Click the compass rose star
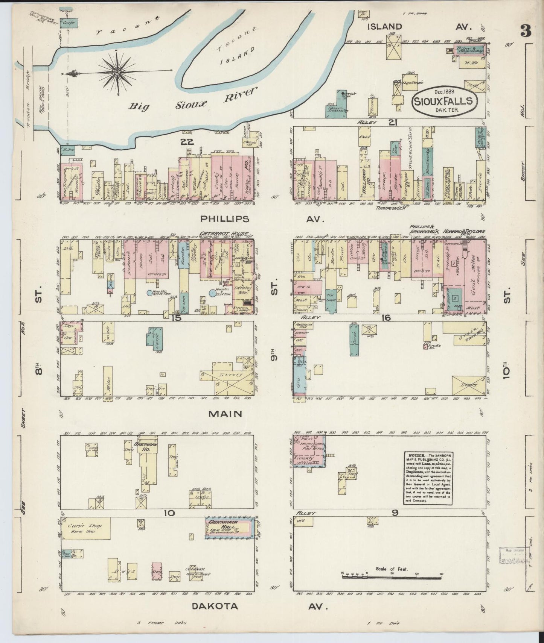pyautogui.click(x=117, y=71)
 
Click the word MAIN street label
pyautogui.click(x=226, y=414)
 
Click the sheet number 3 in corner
pyautogui.click(x=526, y=32)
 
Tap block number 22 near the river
pyautogui.click(x=187, y=142)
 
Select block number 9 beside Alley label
pyautogui.click(x=395, y=513)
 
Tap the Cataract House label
pyautogui.click(x=224, y=234)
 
